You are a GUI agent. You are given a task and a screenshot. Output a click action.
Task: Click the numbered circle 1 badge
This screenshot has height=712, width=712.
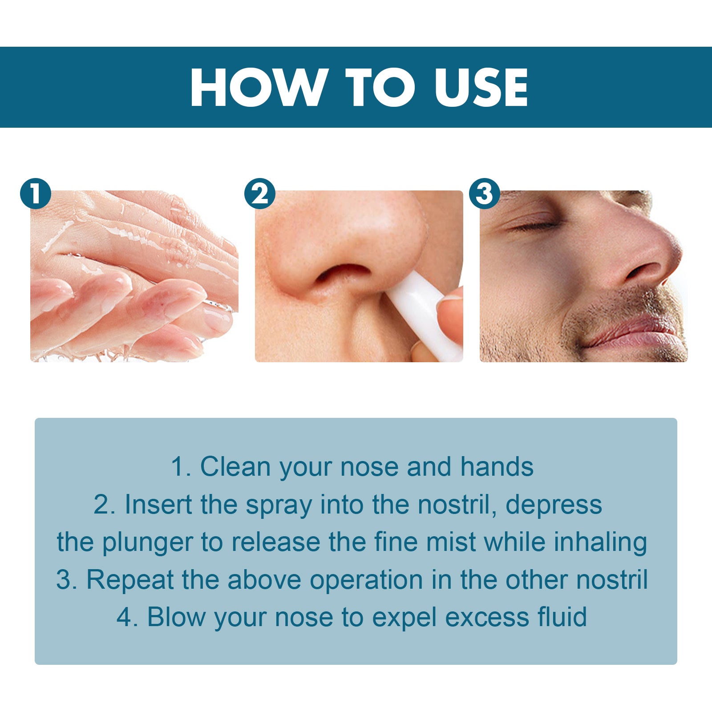[36, 194]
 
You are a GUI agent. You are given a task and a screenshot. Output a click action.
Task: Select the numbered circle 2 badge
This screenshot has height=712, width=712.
[260, 194]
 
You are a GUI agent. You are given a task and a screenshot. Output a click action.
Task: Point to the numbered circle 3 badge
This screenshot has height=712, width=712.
[485, 194]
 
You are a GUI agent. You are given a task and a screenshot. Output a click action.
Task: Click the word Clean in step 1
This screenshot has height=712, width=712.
[235, 467]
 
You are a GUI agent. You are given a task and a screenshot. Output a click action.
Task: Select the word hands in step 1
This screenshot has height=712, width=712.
[497, 467]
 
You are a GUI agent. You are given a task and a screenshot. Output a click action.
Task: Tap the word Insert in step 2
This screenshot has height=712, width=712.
[158, 505]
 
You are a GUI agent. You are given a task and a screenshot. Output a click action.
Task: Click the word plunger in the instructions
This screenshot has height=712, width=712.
[147, 543]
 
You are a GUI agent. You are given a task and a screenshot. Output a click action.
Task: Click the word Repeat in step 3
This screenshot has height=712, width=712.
[129, 580]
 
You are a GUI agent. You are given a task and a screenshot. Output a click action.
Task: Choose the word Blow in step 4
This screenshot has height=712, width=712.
[176, 617]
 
